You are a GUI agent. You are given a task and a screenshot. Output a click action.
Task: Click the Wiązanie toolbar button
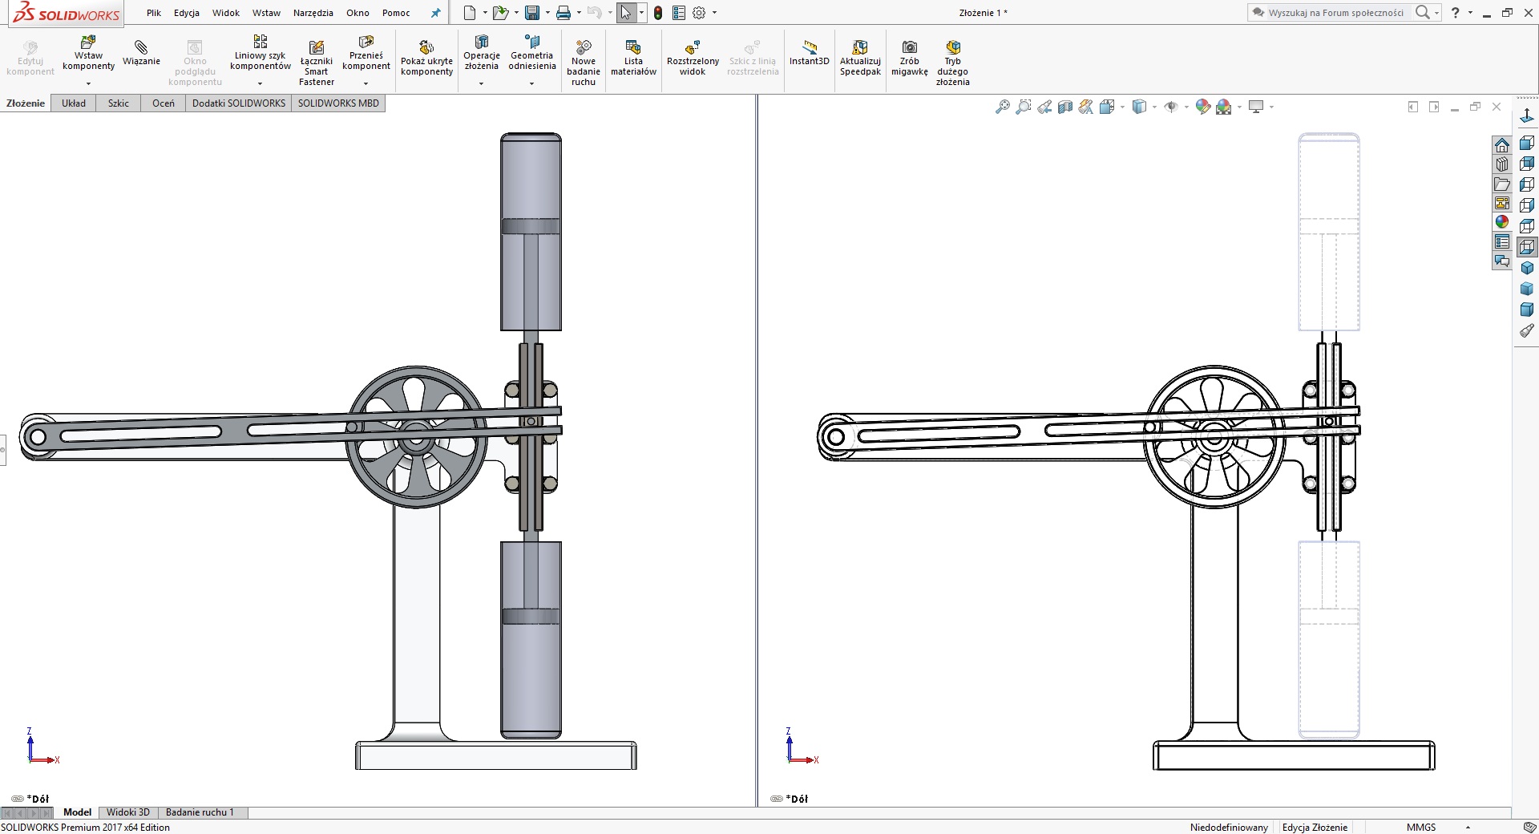(141, 53)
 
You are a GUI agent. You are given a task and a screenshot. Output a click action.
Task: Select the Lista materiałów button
(633, 58)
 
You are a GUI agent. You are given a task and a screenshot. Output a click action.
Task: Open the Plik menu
(154, 13)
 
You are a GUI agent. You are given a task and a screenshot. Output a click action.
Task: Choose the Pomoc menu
(396, 13)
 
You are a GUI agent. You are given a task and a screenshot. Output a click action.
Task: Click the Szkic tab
(119, 103)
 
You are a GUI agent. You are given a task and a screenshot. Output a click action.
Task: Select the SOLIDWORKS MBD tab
(338, 103)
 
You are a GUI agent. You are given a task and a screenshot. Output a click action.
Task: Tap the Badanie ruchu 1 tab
(200, 812)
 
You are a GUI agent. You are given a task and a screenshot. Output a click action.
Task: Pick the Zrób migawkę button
(909, 58)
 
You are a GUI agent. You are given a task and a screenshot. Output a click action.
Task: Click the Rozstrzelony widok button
(693, 58)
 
